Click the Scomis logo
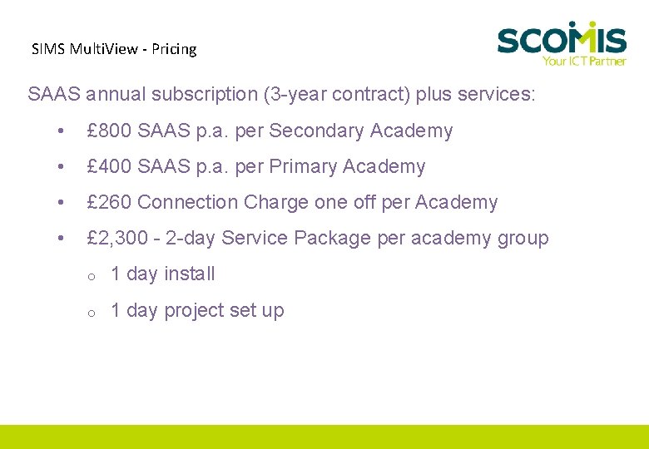click(562, 39)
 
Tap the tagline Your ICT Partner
click(583, 60)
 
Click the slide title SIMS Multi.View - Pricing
click(114, 49)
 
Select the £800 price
click(109, 131)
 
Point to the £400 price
click(109, 166)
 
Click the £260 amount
click(109, 202)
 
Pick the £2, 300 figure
click(117, 238)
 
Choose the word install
click(190, 274)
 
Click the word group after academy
click(523, 238)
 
